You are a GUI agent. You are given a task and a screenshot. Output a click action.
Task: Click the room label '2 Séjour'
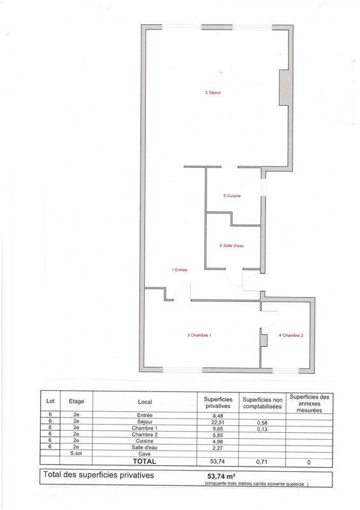[x=213, y=92]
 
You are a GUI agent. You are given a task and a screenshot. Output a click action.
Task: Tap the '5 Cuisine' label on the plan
[x=232, y=196]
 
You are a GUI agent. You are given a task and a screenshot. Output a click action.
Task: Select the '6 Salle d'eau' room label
[x=229, y=245]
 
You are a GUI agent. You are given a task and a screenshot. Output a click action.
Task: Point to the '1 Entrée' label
[x=179, y=270]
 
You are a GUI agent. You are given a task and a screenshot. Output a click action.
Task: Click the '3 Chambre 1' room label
[x=199, y=335]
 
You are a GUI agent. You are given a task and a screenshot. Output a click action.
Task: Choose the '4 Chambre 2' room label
[x=290, y=335]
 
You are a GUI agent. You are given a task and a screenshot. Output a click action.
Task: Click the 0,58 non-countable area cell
[x=262, y=423]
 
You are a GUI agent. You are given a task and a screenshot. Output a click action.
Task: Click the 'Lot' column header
[x=50, y=402]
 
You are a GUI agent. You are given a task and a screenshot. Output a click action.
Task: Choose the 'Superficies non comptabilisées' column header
[x=262, y=402]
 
